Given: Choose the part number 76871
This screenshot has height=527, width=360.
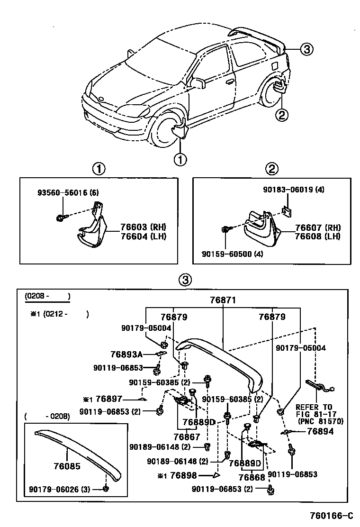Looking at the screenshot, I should pos(223,300).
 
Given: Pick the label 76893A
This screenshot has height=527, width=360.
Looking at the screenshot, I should pos(126,354).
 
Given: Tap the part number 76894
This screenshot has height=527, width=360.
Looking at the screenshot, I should pos(320,431).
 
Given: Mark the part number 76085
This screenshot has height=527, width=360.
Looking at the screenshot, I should pos(67,466).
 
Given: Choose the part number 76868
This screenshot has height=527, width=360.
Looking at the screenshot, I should pos(252,478).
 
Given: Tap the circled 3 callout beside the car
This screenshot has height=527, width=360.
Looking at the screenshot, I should pos(306,48).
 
